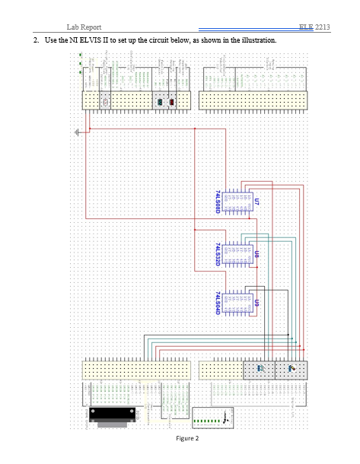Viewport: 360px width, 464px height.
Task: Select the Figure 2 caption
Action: (186, 439)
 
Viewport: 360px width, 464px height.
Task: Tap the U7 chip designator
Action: (256, 203)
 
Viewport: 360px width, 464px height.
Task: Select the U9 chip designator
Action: (256, 303)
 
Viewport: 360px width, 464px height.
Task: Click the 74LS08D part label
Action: (218, 200)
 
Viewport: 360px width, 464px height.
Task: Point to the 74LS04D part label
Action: (218, 303)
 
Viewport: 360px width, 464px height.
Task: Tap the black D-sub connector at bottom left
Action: (113, 414)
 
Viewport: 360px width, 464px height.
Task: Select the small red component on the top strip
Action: (173, 101)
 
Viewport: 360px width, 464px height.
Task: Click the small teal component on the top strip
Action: (160, 101)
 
